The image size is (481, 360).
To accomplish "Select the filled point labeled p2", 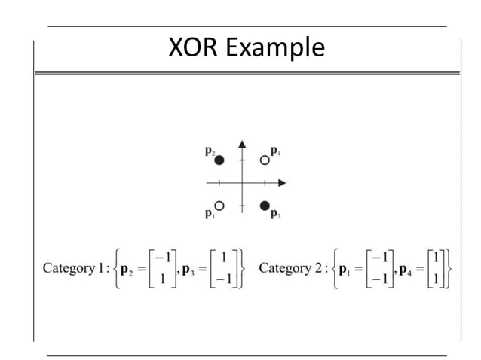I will (x=219, y=160).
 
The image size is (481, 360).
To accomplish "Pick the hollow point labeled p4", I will (x=265, y=160).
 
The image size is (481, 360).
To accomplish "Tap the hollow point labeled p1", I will (x=219, y=205).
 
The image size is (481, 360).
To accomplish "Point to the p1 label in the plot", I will (x=209, y=214).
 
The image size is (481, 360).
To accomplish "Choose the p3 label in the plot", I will (x=275, y=215).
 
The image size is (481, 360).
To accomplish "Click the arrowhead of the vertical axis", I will (x=242, y=142).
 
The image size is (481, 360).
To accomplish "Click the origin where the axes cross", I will (x=242, y=182).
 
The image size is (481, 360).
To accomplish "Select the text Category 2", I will (x=290, y=268).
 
